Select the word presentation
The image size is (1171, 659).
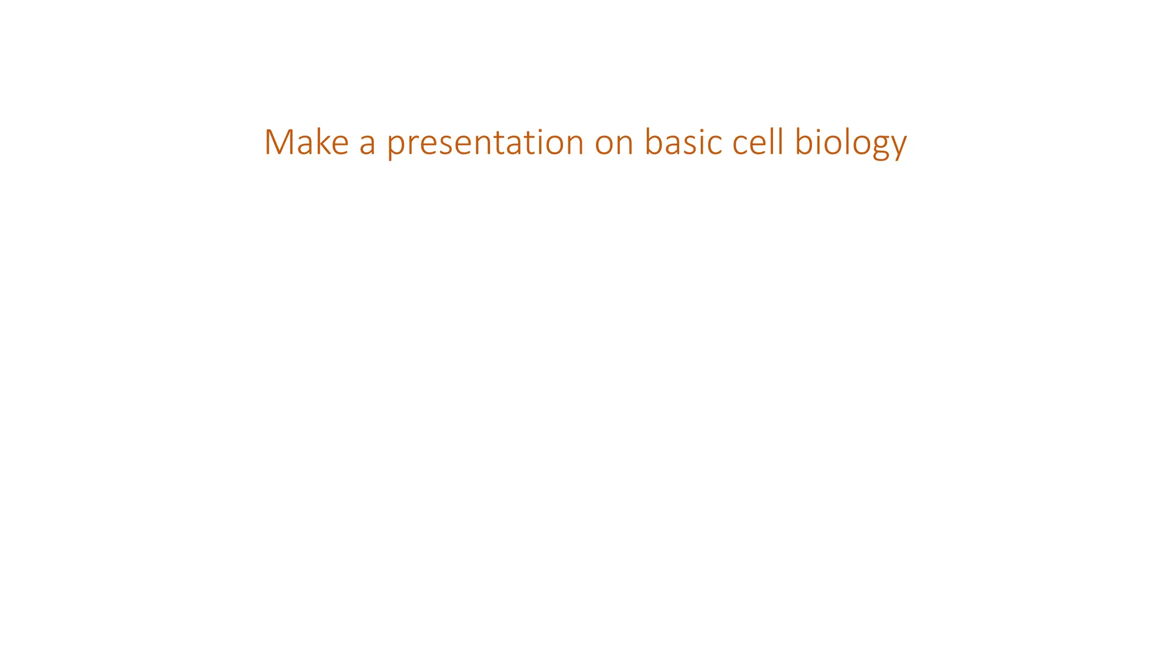click(x=485, y=143)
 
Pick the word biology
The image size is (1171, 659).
click(x=851, y=143)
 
